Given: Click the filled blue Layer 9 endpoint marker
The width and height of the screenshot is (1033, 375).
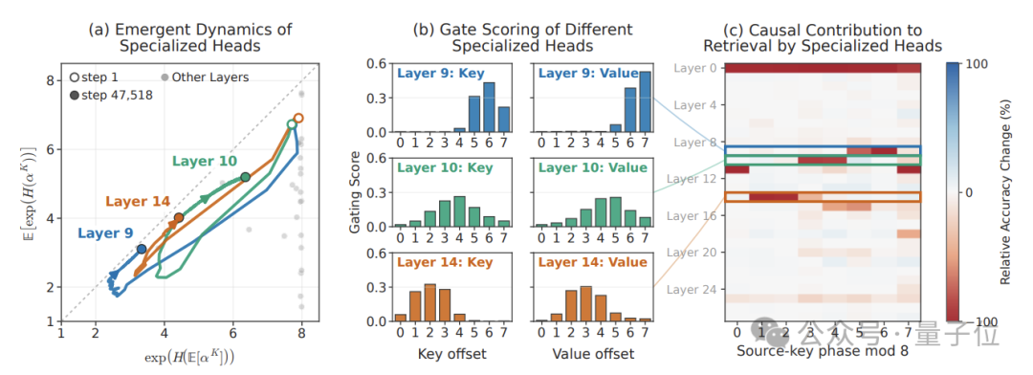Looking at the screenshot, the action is point(142,249).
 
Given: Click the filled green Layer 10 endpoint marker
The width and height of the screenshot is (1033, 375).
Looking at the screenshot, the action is point(245,177).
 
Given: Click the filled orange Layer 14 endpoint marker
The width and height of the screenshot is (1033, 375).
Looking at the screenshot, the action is point(179,218).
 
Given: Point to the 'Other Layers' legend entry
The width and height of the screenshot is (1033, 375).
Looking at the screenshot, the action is point(206,77).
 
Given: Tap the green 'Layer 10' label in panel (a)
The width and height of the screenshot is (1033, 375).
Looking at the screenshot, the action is point(205,161).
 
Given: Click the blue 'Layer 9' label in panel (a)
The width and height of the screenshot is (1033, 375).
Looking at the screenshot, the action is point(106,232).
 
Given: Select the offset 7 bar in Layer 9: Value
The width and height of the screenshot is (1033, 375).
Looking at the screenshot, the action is point(644,102).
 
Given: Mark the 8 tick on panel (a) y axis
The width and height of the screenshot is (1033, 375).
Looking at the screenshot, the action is point(50,80).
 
